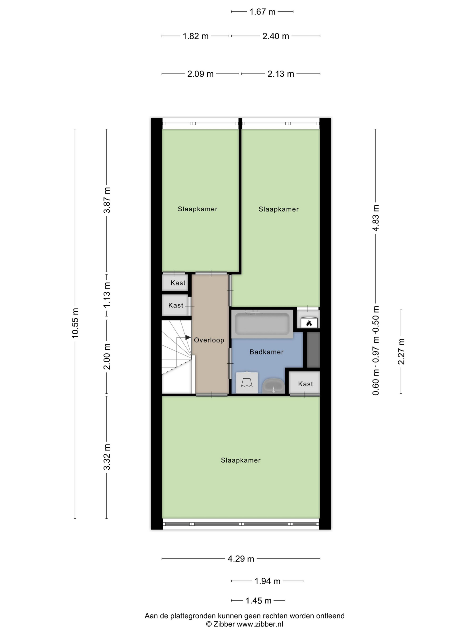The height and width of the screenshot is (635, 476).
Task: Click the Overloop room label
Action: click(x=209, y=340)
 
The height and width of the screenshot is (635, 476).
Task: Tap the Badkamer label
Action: click(x=267, y=352)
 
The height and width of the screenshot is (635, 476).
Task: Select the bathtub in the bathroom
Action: click(x=262, y=324)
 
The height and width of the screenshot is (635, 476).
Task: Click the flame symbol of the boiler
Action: click(x=309, y=323)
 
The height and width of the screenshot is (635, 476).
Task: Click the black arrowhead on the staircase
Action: click(x=188, y=338)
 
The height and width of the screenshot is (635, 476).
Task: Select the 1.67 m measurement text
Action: click(x=262, y=12)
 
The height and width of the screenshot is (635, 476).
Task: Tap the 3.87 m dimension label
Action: click(x=107, y=200)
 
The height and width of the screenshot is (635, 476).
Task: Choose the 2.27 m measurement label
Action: click(x=401, y=351)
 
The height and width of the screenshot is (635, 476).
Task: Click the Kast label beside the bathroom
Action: click(x=305, y=384)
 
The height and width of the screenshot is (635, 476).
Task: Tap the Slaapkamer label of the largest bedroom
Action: click(x=241, y=460)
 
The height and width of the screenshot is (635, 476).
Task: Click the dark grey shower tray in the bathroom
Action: click(x=313, y=350)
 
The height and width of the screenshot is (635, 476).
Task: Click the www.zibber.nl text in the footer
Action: click(x=260, y=624)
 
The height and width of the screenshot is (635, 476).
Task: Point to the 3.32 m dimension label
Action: click(x=107, y=457)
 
